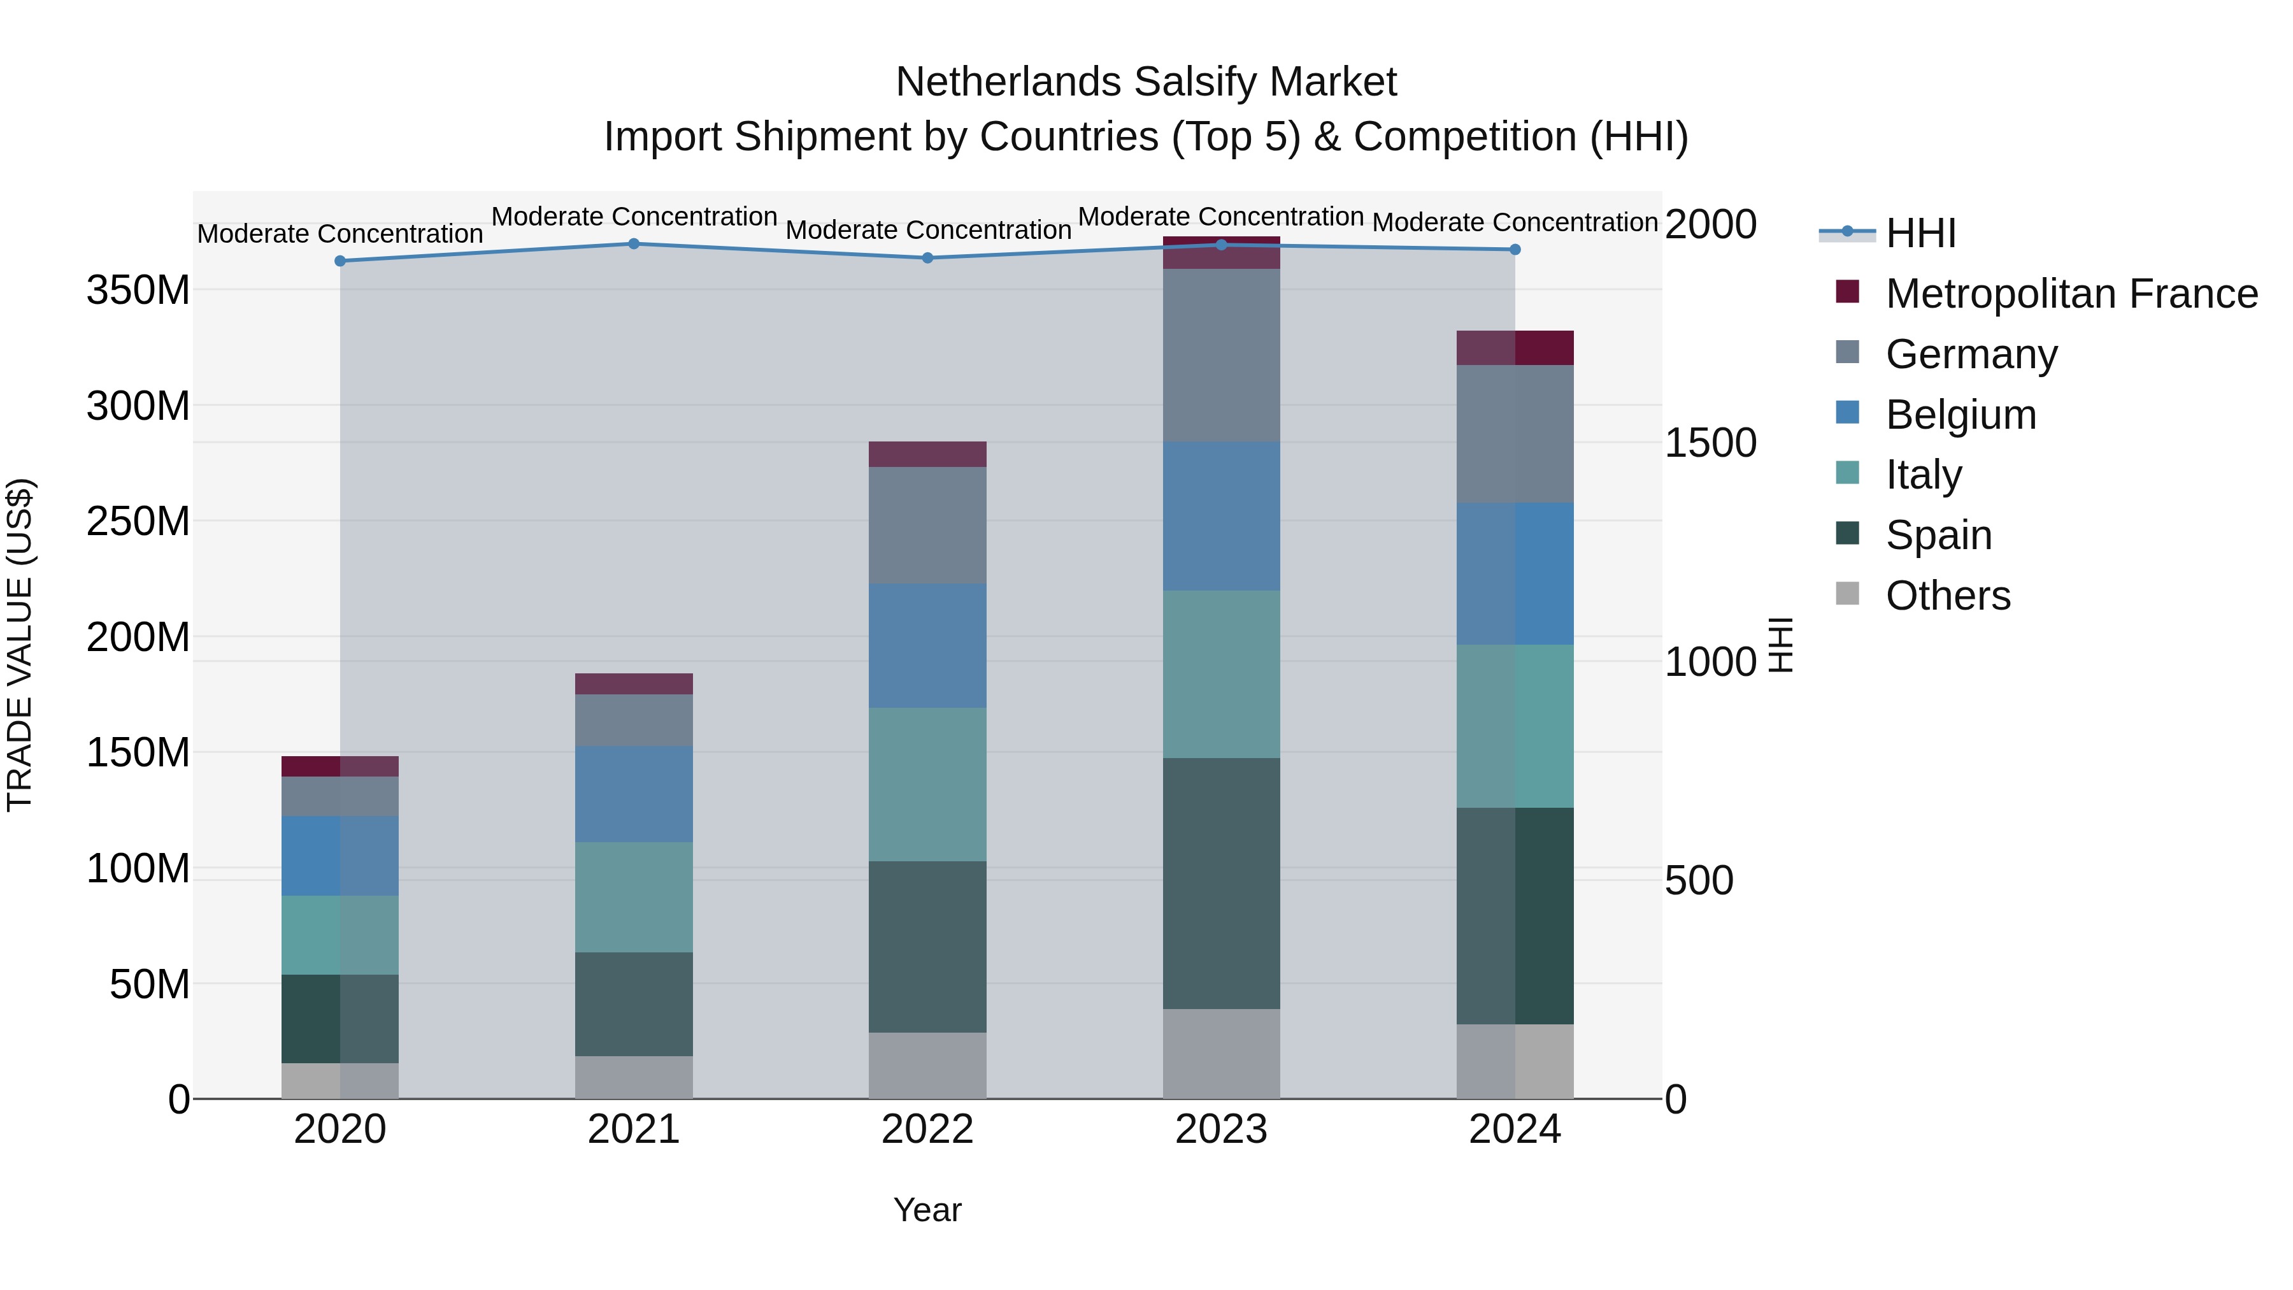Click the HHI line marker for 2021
pyautogui.click(x=634, y=243)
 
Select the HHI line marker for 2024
pyautogui.click(x=1515, y=249)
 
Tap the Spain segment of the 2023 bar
pyautogui.click(x=1221, y=883)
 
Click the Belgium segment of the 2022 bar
pyautogui.click(x=927, y=645)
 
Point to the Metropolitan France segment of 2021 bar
pyautogui.click(x=634, y=683)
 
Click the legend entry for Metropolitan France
pyautogui.click(x=2071, y=294)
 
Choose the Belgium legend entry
pyautogui.click(x=1960, y=415)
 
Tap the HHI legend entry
pyautogui.click(x=1920, y=233)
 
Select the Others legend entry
pyautogui.click(x=1948, y=596)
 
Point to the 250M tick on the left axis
pyautogui.click(x=138, y=521)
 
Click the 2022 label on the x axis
pyautogui.click(x=927, y=1129)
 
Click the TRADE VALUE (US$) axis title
pyautogui.click(x=20, y=645)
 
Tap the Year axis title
pyautogui.click(x=927, y=1210)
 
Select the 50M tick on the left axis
pyautogui.click(x=150, y=984)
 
